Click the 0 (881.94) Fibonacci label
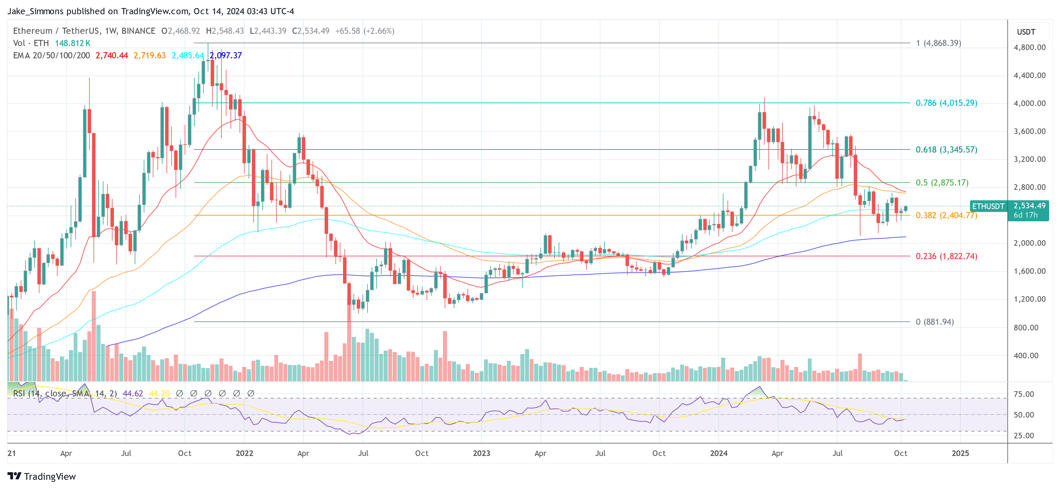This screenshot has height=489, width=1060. coord(934,322)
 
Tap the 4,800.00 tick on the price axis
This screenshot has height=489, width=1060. coord(1029,47)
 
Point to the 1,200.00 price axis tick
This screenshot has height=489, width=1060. coord(1029,299)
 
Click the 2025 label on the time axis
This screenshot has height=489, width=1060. coord(960,453)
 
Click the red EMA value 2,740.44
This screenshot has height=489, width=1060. coord(112,55)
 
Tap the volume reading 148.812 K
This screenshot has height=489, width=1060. coord(73,43)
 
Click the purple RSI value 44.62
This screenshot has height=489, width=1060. coord(133,394)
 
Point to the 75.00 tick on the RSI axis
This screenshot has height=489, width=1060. coord(1024,394)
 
